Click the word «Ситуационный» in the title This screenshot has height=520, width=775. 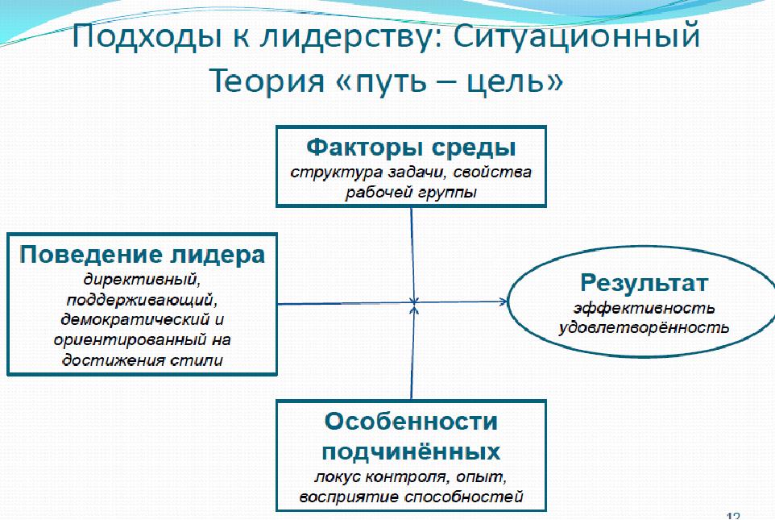click(577, 36)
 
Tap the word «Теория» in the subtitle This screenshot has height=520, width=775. click(267, 80)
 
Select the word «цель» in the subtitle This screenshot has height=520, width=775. click(508, 81)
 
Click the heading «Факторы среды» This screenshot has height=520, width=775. click(411, 147)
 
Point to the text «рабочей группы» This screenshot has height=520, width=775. click(411, 193)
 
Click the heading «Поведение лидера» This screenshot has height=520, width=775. click(143, 255)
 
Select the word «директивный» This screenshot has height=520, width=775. click(142, 280)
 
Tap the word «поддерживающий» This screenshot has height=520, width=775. click(142, 300)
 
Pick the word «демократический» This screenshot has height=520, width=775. click(135, 319)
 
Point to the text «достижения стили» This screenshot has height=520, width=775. click(143, 360)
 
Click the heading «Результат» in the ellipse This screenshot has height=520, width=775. click(644, 283)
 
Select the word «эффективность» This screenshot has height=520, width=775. click(644, 308)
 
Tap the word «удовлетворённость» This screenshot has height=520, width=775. click(644, 327)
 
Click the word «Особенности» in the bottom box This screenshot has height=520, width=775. click(411, 421)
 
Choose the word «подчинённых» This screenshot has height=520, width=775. click(411, 451)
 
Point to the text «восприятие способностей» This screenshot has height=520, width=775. click(411, 497)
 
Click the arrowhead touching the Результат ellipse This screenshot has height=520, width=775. click(504, 302)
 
